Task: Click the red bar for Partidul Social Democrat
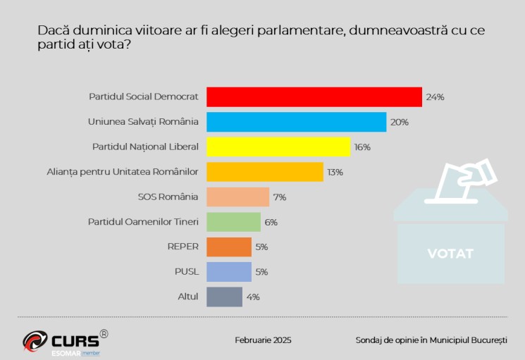pos(314,97)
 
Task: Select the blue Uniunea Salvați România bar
pos(296,122)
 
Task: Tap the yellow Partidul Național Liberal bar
pos(278,147)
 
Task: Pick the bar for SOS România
pos(237,197)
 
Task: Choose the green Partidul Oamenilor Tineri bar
pos(233,222)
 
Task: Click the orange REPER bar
pos(228,247)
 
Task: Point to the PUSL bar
pos(228,272)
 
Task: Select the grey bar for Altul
pos(224,297)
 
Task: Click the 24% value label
pos(435,97)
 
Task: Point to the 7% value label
pos(279,197)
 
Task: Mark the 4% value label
pos(253,297)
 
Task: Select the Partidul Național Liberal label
pos(145,147)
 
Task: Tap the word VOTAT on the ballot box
pos(450,254)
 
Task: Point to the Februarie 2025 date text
pos(263,340)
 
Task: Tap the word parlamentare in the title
pos(294,32)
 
